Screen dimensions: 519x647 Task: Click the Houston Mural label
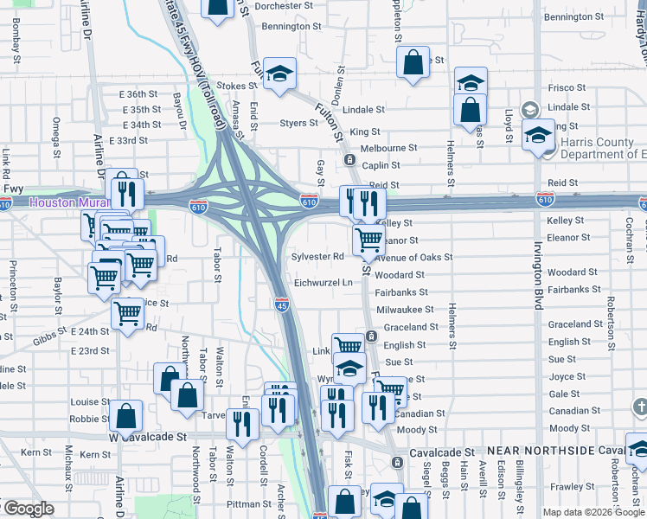[60, 202]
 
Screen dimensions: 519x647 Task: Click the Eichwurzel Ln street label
[323, 283]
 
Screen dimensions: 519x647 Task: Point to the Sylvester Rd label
[318, 256]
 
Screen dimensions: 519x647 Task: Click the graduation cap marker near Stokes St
[279, 74]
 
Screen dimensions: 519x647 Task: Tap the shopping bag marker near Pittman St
[344, 501]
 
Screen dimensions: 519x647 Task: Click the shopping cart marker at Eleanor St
[368, 238]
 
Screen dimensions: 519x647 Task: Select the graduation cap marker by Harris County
[538, 135]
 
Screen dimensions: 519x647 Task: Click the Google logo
[29, 508]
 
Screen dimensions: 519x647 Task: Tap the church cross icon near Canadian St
[638, 406]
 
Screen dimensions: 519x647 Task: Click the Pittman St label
[250, 503]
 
